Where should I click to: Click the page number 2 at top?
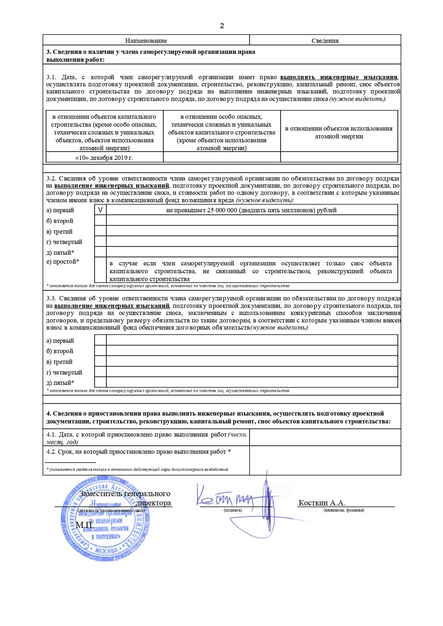[x=222, y=26]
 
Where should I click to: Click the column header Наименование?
[x=146, y=41]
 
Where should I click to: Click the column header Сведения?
[x=325, y=41]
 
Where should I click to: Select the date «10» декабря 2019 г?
[x=104, y=158]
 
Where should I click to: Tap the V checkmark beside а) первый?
[x=100, y=210]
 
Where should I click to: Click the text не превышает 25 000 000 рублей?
[x=251, y=210]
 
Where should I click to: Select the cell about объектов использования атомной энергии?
[x=339, y=132]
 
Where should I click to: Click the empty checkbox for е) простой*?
[x=100, y=270]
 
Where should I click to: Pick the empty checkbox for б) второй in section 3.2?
[x=100, y=220]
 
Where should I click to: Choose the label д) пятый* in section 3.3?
[x=60, y=383]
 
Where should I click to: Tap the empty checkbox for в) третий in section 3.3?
[x=100, y=361]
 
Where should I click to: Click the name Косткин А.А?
[x=322, y=503]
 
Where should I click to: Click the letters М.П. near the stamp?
[x=85, y=525]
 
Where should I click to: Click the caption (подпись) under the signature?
[x=233, y=510]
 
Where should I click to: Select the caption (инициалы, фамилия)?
[x=344, y=510]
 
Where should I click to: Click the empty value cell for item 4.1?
[x=325, y=437]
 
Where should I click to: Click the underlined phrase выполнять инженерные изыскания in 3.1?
[x=339, y=77]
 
